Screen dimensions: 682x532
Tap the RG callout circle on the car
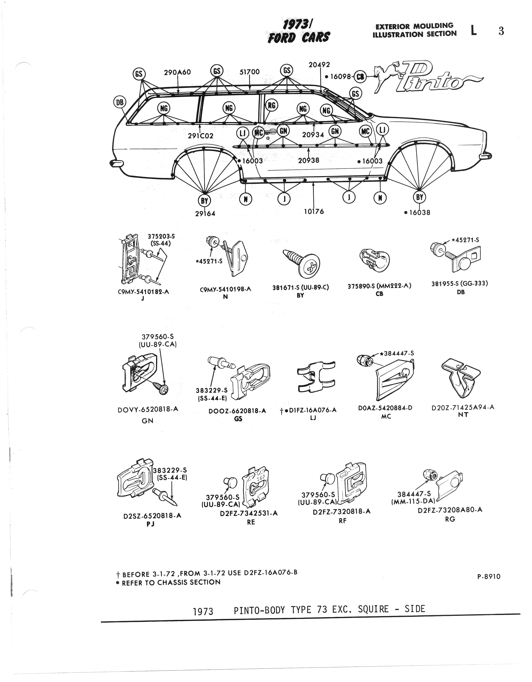pos(271,106)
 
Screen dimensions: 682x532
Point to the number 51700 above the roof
pos(250,72)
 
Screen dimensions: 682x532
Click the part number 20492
pos(319,65)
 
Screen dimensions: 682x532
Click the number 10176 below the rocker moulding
pos(314,211)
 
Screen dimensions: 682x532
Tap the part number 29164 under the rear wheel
pos(205,213)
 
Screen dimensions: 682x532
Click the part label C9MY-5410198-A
pos(225,289)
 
